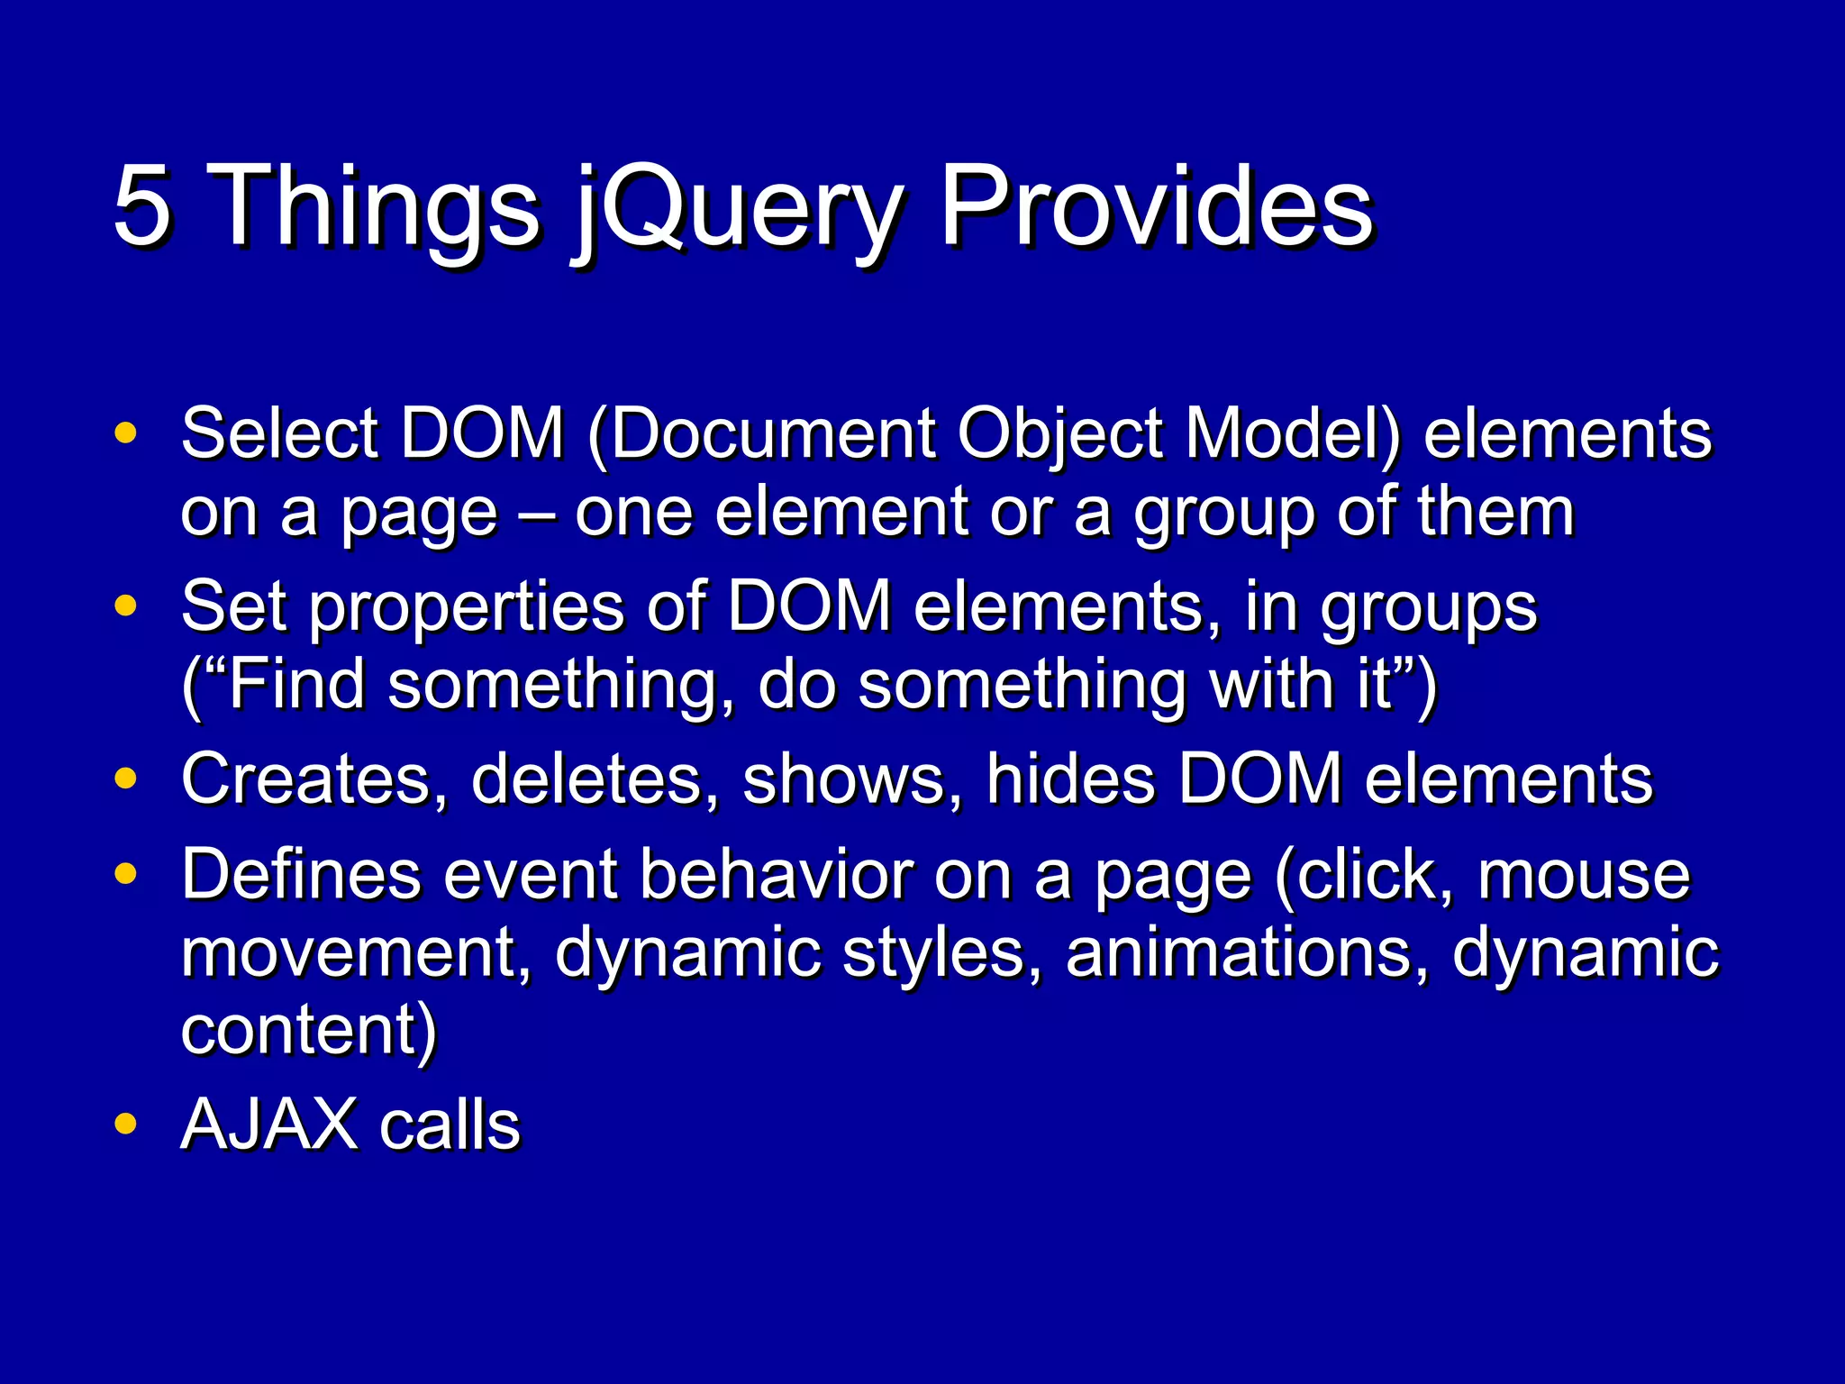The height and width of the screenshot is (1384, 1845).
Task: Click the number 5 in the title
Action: click(142, 206)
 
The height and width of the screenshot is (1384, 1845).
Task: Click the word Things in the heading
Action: click(377, 209)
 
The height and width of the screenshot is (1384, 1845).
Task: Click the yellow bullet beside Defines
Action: click(126, 873)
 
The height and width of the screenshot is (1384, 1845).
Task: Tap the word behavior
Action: click(776, 874)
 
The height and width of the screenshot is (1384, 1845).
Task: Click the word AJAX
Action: click(269, 1125)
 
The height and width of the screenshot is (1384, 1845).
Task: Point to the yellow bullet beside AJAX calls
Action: click(126, 1124)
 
